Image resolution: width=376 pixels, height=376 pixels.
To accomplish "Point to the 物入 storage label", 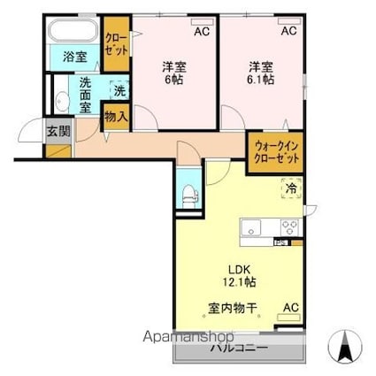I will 116,114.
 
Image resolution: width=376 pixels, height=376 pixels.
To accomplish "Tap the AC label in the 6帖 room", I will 202,32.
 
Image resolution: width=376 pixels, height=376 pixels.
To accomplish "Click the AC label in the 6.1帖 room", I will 289,32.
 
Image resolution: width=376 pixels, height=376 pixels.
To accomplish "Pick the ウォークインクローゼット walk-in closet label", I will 276,151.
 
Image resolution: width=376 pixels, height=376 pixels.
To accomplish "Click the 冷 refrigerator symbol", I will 290,187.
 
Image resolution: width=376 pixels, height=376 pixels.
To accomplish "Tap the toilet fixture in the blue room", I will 188,195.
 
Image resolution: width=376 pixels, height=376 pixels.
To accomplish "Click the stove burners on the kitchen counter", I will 290,226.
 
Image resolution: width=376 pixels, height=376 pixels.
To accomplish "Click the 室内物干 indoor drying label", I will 233,309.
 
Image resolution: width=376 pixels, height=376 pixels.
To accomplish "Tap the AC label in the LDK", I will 289,309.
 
